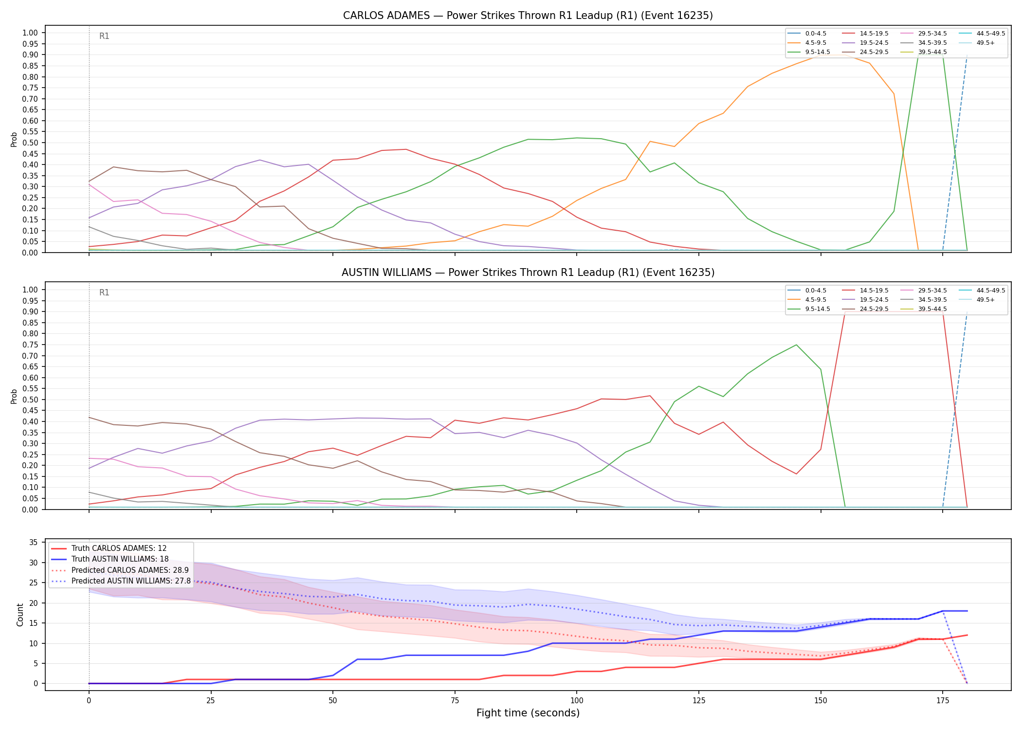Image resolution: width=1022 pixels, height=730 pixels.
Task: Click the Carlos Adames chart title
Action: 528,16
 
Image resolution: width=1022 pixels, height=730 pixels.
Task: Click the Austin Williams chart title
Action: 528,273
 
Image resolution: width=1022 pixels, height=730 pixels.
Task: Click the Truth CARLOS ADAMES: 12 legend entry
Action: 109,548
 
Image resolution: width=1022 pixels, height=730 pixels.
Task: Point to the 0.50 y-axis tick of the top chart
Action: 30,143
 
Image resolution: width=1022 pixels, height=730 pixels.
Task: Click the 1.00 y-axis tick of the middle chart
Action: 30,290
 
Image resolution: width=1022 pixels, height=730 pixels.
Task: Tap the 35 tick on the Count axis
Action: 34,543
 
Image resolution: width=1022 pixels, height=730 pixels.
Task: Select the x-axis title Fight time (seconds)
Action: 528,713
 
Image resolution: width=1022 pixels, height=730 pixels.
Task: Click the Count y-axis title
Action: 20,615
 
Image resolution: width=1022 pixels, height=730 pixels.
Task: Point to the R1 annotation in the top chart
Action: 104,36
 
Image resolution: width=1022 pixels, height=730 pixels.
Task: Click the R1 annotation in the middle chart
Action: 104,292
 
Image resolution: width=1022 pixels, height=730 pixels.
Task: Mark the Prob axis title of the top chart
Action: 14,139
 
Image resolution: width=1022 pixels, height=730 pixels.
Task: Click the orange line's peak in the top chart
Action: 833,55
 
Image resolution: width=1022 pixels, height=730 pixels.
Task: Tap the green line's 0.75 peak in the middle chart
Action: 796,345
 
